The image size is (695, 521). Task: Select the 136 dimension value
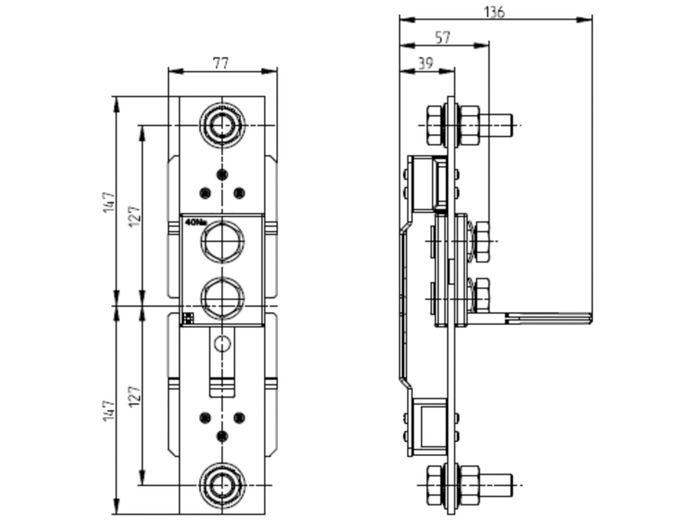tap(494, 11)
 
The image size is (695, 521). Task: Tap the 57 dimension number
tap(442, 38)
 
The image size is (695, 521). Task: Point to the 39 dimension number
tap(425, 63)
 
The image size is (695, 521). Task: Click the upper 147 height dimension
tap(109, 202)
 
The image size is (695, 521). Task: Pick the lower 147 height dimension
tap(109, 410)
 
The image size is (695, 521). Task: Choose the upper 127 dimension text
tap(134, 216)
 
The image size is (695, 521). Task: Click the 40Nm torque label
tap(196, 222)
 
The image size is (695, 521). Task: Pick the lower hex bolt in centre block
tap(222, 297)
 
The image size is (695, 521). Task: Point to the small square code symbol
tap(188, 318)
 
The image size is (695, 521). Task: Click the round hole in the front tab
tap(222, 344)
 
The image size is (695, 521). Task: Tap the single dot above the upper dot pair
tap(221, 174)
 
